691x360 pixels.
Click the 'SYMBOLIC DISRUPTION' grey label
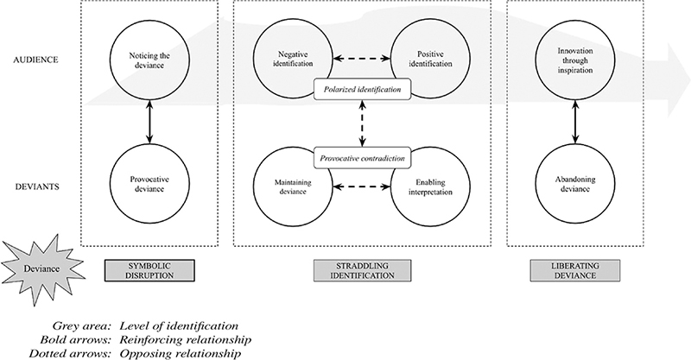pyautogui.click(x=149, y=268)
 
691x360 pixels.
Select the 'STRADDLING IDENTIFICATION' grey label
pyautogui.click(x=360, y=268)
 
